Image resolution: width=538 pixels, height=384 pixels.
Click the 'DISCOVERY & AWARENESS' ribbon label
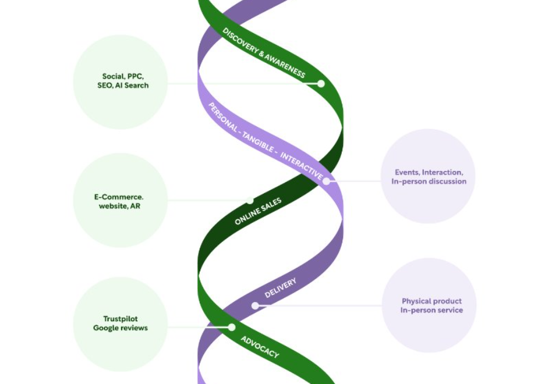264,53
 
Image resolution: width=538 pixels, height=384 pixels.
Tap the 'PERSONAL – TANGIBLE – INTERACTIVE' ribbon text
266,141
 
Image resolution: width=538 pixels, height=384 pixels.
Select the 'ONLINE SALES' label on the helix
258,211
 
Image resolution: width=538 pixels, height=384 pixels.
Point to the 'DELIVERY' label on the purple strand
280,288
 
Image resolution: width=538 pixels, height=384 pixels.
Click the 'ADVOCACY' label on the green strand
260,347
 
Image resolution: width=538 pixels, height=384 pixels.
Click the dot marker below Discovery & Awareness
321,84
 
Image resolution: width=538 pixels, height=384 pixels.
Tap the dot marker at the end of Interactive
326,182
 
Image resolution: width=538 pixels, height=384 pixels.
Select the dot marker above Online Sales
250,200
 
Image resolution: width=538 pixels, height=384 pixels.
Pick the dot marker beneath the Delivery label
255,305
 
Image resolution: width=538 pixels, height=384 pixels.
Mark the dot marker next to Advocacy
232,327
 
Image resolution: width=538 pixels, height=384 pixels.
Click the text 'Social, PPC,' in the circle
123,76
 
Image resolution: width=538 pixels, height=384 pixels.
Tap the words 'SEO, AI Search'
123,86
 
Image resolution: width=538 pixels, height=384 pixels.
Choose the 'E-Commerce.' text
119,197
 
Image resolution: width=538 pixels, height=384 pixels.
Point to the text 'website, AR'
119,206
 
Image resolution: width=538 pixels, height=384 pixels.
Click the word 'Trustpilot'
121,319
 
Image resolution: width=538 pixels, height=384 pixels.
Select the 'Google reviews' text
121,328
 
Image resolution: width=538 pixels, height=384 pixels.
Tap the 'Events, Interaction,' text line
429,172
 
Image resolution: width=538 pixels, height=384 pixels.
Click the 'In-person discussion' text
429,182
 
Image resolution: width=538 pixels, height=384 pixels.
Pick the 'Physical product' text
431,301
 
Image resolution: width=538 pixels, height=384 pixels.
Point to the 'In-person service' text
431,310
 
